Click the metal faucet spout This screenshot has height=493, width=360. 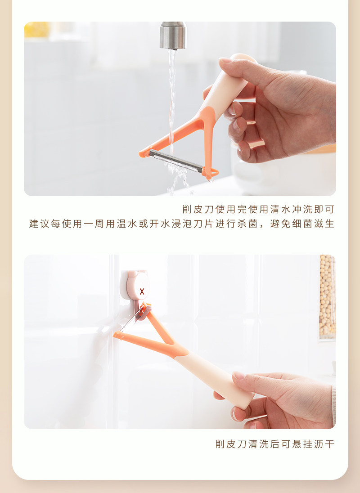173,35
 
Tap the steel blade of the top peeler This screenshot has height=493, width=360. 176,161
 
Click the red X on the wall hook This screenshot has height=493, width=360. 142,291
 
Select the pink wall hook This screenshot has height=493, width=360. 135,287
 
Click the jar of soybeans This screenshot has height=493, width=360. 327,297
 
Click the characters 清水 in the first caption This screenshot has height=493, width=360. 280,209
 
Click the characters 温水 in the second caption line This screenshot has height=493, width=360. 127,224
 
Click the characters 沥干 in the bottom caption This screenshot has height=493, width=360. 324,444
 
